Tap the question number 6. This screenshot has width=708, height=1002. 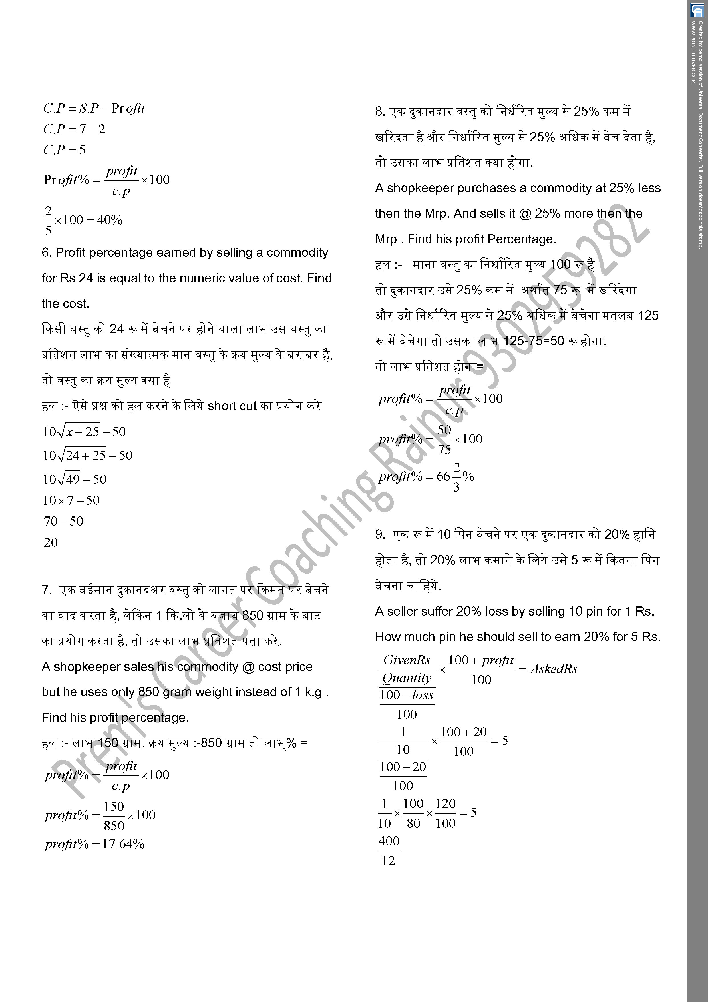tap(46, 253)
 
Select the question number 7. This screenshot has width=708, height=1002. tap(47, 590)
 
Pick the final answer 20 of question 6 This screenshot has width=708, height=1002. tap(51, 542)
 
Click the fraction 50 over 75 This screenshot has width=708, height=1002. tap(444, 440)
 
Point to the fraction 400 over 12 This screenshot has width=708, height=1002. tap(389, 851)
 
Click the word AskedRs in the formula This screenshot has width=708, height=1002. tap(554, 669)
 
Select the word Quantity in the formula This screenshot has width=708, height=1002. tap(407, 678)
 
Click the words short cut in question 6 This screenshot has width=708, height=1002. tap(232, 406)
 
